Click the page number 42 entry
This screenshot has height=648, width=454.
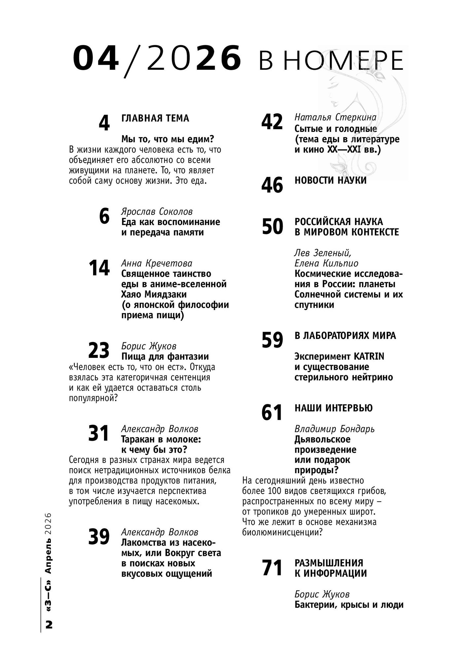click(x=272, y=122)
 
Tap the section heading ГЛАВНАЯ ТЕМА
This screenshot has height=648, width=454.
click(x=155, y=118)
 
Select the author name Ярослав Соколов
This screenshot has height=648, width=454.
click(x=157, y=211)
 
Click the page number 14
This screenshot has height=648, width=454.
click(x=99, y=268)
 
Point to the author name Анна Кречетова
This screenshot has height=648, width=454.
click(x=157, y=263)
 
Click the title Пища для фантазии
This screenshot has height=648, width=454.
click(x=165, y=357)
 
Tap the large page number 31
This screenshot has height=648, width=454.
click(x=99, y=434)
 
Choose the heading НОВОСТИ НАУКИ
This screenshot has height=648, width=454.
click(x=330, y=180)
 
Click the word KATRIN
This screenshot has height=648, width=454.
click(x=369, y=357)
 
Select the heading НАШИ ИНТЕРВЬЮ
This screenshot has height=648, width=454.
click(x=333, y=408)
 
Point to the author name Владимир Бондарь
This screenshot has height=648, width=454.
click(x=334, y=429)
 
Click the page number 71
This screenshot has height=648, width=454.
click(x=272, y=568)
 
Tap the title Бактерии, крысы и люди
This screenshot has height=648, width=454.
click(x=349, y=605)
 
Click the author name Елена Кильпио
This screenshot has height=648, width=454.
click(x=326, y=263)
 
